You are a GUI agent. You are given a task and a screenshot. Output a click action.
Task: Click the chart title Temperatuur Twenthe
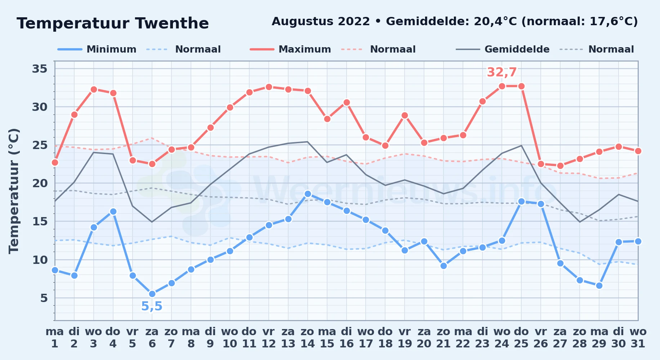click(113, 23)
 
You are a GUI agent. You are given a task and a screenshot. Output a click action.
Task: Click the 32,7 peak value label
click(502, 72)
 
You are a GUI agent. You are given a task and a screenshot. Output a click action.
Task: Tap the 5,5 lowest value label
click(152, 306)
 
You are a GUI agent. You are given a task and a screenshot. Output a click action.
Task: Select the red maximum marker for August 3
click(94, 89)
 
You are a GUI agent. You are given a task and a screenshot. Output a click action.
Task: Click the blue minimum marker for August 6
click(152, 294)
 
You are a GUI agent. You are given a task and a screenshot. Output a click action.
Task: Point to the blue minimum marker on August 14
click(308, 194)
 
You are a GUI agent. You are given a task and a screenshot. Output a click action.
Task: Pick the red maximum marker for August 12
click(269, 87)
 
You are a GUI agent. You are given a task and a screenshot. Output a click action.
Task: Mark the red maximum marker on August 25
click(521, 86)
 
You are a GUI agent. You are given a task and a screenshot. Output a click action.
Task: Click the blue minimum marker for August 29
click(599, 285)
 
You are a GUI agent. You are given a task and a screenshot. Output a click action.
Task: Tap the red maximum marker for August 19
click(405, 115)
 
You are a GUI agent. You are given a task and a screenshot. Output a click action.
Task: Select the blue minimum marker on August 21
click(443, 266)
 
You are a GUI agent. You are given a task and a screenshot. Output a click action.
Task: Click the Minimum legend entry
click(97, 49)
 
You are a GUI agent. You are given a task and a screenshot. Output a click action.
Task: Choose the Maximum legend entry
click(290, 49)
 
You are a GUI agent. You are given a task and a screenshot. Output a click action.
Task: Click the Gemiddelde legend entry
click(503, 49)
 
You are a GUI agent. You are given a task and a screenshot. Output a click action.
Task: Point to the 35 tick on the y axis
click(40, 68)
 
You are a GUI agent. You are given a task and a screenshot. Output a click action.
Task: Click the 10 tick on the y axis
click(40, 260)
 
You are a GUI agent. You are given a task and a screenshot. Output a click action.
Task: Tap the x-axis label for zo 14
click(308, 337)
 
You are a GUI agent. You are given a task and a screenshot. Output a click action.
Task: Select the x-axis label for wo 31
click(638, 337)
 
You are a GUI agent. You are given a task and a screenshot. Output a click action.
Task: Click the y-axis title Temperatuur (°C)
click(14, 191)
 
